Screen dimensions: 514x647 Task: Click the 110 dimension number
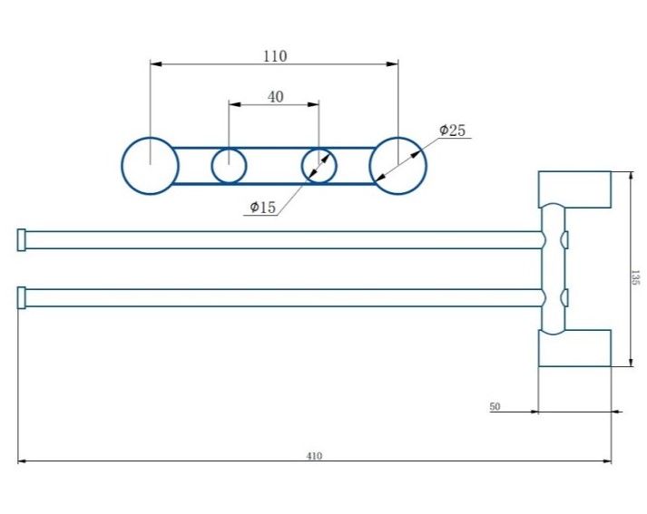(x=275, y=56)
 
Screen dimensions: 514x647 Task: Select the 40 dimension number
(x=275, y=97)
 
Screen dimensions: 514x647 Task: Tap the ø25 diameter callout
(x=452, y=131)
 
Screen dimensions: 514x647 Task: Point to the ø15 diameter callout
(x=262, y=208)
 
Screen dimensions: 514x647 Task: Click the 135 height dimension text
(x=635, y=277)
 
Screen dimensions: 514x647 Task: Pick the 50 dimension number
(x=495, y=407)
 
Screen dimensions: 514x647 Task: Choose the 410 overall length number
(x=314, y=456)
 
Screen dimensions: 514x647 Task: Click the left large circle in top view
(x=150, y=166)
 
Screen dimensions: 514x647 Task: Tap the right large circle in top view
(x=397, y=166)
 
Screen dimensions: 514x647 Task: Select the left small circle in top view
(x=230, y=166)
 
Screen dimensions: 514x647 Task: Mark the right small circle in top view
(x=319, y=166)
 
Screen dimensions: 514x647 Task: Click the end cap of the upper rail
(x=22, y=239)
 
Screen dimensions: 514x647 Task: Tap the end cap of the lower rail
(x=22, y=297)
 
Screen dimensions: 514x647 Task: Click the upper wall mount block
(x=575, y=189)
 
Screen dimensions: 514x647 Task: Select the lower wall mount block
(x=575, y=348)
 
